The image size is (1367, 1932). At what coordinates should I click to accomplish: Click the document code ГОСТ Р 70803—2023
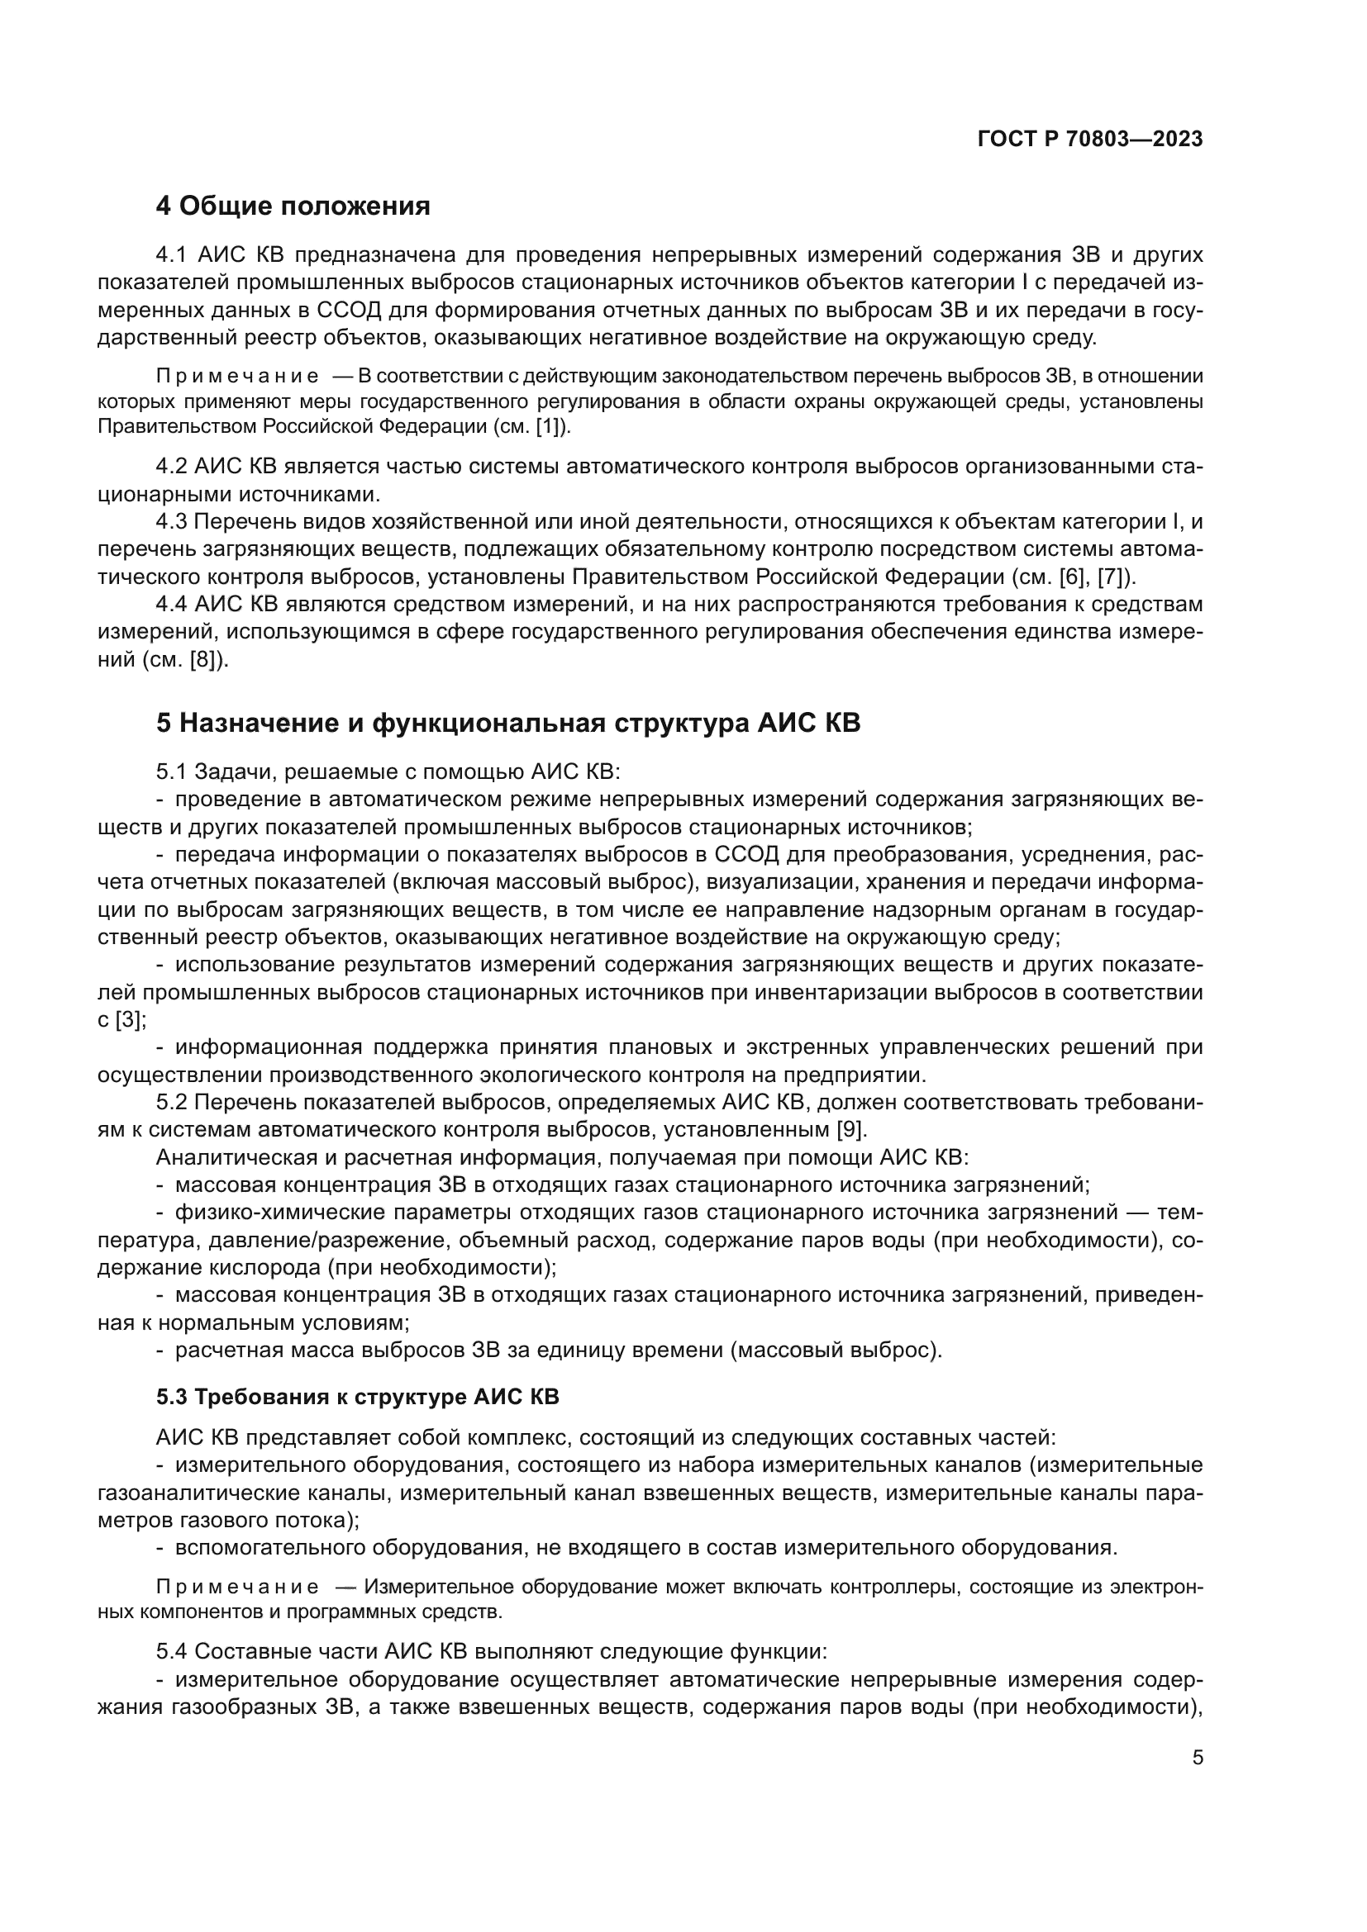[x=1090, y=140]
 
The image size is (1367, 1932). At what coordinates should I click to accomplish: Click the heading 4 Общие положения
[x=292, y=206]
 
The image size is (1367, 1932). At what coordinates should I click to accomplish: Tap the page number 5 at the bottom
[x=1198, y=1757]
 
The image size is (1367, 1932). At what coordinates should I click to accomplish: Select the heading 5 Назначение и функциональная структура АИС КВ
[x=508, y=723]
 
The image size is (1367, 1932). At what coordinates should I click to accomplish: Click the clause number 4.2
[x=172, y=466]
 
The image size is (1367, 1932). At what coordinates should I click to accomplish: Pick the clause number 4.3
[x=172, y=522]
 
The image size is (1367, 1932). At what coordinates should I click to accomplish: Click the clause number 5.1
[x=172, y=771]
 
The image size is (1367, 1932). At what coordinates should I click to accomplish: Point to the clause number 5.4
[x=172, y=1652]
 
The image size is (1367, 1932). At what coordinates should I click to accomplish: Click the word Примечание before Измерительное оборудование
[x=238, y=1588]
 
